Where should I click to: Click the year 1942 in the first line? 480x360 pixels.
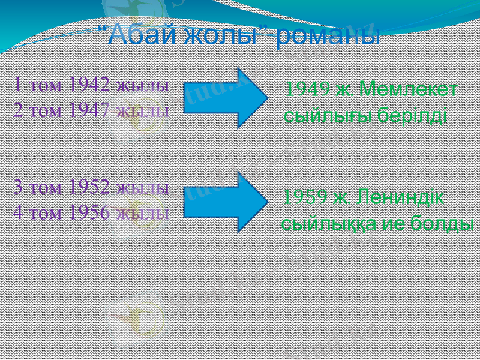[89, 85]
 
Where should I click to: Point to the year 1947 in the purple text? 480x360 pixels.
[89, 110]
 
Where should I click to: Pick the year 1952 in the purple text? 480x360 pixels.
[89, 187]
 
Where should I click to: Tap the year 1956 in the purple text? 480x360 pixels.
[89, 212]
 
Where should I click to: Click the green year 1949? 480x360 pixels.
[307, 89]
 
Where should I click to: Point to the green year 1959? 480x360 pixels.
[305, 196]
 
